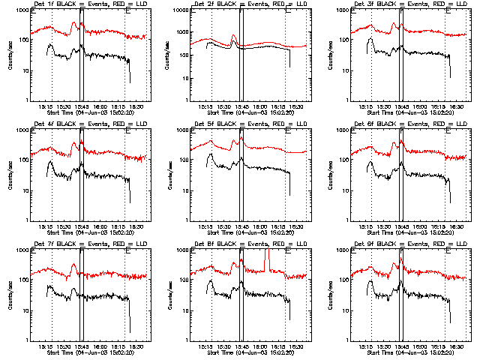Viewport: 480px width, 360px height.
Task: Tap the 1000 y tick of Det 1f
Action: (x=22, y=12)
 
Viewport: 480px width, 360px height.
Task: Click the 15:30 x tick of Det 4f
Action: (x=64, y=226)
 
